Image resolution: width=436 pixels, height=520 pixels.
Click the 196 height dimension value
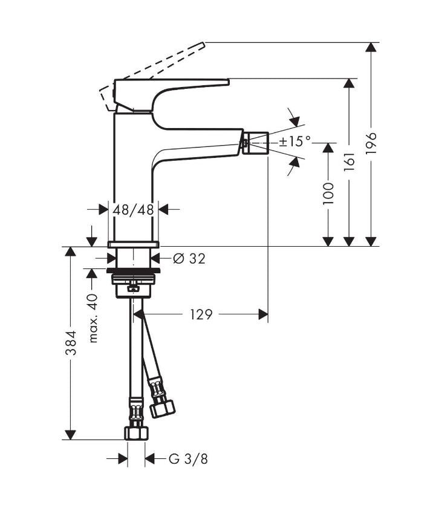coord(371,143)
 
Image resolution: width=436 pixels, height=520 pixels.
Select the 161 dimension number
coord(349,162)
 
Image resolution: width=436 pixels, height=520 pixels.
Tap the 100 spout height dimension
coord(328,193)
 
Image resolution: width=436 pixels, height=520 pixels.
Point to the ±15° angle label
coord(295,141)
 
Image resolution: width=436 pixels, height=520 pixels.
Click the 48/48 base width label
coord(133,210)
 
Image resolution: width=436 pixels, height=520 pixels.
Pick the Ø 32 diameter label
coord(189,258)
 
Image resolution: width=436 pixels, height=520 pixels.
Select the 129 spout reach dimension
coord(201,314)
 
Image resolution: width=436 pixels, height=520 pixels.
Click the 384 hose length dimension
coord(71,343)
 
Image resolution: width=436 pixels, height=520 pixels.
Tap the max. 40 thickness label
coord(94,318)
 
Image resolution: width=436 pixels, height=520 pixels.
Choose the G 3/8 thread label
coord(188,459)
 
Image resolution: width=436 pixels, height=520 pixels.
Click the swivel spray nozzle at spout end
coord(256,143)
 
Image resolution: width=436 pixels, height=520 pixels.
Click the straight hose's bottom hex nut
coord(136,433)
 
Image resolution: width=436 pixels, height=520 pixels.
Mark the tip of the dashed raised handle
coord(204,43)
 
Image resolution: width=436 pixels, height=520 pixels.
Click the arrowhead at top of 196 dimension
coord(371,47)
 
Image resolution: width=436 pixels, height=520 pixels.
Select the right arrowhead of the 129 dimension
coord(263,314)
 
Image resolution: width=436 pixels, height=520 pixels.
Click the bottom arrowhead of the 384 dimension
coord(70,435)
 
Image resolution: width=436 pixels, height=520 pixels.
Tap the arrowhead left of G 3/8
coord(123,459)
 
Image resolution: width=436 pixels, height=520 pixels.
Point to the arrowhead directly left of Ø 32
coord(111,258)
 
